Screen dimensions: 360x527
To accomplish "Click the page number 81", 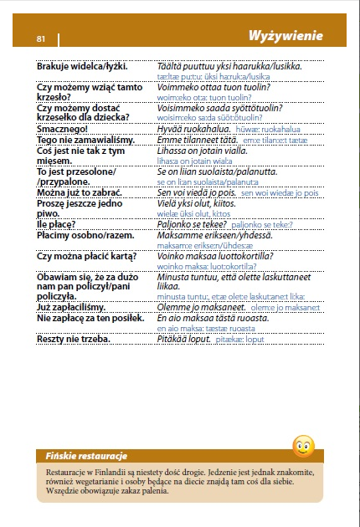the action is pos(41,38).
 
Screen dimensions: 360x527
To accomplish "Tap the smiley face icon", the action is pos(303,446).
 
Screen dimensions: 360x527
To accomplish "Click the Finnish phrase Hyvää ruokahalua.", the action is pos(196,129).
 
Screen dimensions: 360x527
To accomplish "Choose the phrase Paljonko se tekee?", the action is pos(191,224).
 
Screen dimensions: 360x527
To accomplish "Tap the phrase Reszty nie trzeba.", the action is pos(74,339).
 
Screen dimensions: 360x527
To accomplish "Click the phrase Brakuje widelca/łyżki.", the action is pos(84,65).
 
